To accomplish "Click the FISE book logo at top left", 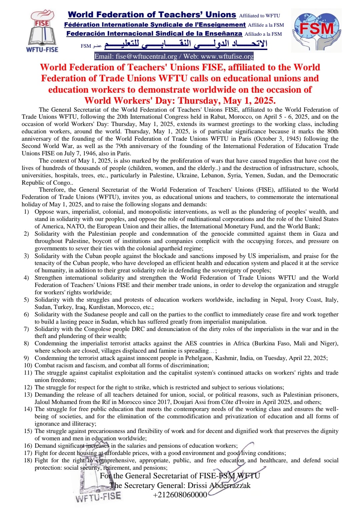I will click(x=42, y=30).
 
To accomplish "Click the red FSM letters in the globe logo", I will click(x=316, y=29).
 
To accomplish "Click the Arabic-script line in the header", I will click(x=186, y=44).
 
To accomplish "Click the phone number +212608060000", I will click(x=180, y=495).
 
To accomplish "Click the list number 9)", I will click(x=26, y=358).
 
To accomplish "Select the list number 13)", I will click(x=28, y=395).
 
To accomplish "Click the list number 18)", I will click(x=28, y=460).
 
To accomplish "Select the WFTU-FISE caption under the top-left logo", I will click(x=42, y=49).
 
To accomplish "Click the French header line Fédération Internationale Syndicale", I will click(x=155, y=25).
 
